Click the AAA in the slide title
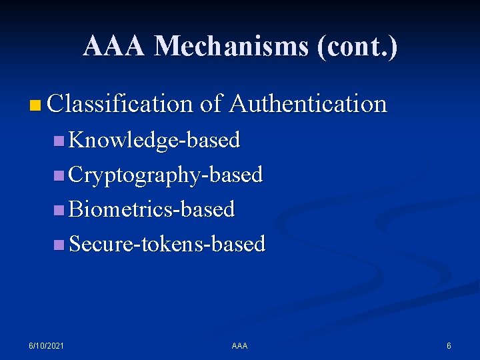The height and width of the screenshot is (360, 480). pos(115,47)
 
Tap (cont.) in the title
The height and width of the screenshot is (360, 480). pos(357,47)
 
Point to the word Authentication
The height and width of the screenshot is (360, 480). pos(307,104)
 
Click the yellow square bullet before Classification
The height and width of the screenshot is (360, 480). pos(36,105)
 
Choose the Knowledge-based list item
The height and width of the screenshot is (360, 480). pos(154,140)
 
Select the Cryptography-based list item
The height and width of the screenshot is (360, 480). pos(166,175)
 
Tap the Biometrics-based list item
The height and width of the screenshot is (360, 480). pos(152,209)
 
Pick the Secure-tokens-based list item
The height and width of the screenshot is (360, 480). pos(167,244)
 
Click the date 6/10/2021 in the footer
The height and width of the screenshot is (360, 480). pos(47,346)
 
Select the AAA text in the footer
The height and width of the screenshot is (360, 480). pos(239,346)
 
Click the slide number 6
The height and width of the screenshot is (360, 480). pos(449,346)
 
